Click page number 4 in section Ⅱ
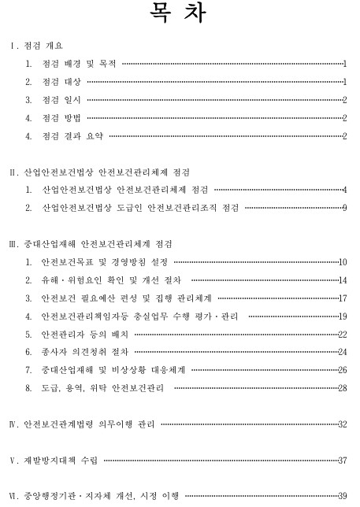tap(345, 190)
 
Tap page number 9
tap(345, 208)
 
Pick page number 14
tap(343, 279)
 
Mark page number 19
tap(343, 316)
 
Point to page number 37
tap(343, 460)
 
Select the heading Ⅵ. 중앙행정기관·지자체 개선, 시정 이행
tap(95, 495)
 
